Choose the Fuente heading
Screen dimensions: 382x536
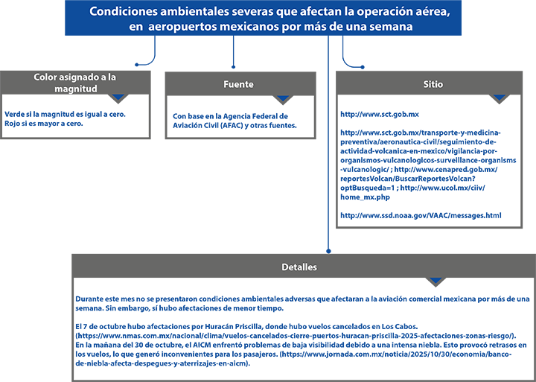(238, 84)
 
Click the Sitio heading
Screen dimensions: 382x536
(432, 84)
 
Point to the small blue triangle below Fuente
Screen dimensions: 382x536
(282, 98)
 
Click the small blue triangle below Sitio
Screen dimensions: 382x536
(499, 98)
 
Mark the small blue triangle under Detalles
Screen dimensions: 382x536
(436, 280)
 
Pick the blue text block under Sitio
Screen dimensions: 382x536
(424, 162)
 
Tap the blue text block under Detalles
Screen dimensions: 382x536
(298, 328)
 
